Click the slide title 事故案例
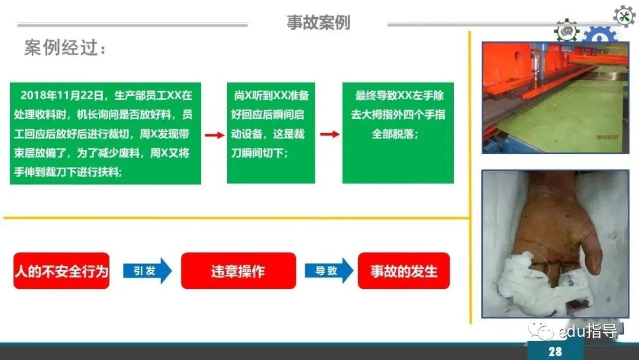pos(318,22)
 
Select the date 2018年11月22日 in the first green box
pos(62,95)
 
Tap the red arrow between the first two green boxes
pos(214,135)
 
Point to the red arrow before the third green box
pos(330,134)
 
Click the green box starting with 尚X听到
pos(271,133)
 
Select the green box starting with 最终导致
pos(398,133)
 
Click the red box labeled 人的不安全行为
pos(62,271)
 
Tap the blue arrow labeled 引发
pos(147,271)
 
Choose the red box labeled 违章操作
pos(238,271)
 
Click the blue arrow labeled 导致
pos(329,271)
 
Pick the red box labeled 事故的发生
pos(404,271)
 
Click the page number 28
pos(555,352)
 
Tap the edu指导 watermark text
pos(588,331)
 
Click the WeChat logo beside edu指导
pos(540,330)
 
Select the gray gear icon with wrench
pos(624,17)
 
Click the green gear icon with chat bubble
pos(566,31)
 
